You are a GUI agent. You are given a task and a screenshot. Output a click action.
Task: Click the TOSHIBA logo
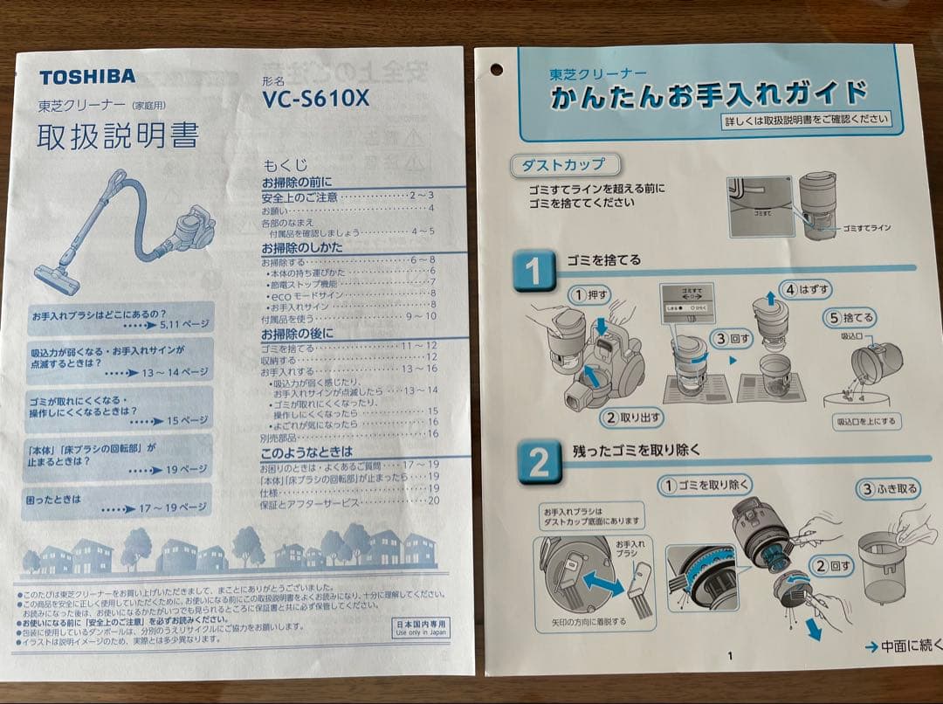[x=86, y=76]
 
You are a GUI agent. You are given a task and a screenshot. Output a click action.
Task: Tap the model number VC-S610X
[x=315, y=99]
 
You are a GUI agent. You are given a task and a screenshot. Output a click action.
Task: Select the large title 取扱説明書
[x=117, y=135]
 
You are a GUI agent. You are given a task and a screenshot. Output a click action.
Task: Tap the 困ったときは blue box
[x=116, y=502]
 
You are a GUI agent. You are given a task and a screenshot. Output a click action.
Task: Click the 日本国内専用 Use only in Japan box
[x=421, y=628]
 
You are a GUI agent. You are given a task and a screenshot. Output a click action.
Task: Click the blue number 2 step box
[x=539, y=463]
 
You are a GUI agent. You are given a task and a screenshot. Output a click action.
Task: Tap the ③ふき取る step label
[x=891, y=489]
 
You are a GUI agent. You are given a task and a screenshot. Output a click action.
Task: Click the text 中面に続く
[x=905, y=645]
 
